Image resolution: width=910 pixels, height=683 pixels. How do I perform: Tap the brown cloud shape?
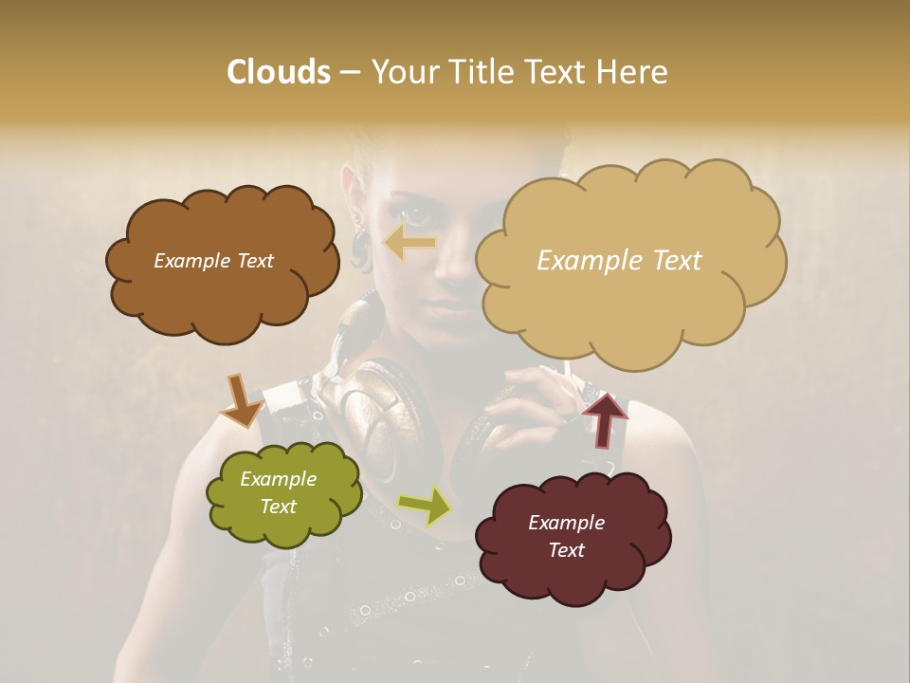click(220, 262)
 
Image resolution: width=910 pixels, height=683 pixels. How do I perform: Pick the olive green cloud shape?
click(282, 495)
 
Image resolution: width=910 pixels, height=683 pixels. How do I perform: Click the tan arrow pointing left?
click(409, 244)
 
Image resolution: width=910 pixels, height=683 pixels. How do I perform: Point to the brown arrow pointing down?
click(241, 399)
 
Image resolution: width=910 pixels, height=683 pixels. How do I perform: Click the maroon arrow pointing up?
click(605, 418)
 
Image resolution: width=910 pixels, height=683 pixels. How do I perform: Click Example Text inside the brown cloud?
click(213, 261)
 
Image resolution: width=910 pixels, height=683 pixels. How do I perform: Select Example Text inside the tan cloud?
click(619, 260)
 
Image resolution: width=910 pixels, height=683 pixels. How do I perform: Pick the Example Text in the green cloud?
click(278, 492)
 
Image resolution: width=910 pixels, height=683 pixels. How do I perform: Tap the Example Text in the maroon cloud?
click(566, 536)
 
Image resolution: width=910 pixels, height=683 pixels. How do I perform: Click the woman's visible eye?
click(409, 211)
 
